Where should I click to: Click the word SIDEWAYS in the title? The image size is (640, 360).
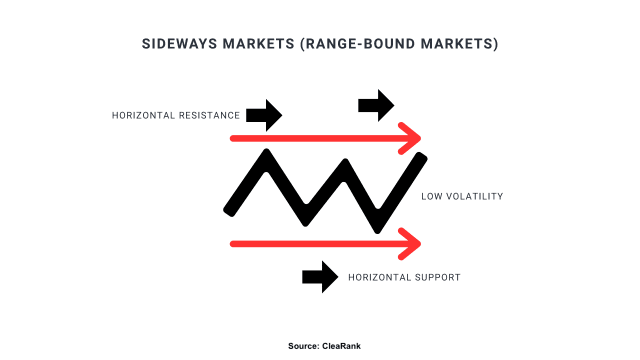[179, 44]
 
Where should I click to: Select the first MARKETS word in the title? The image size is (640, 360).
[258, 44]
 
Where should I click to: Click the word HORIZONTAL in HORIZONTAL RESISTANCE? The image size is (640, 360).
[143, 115]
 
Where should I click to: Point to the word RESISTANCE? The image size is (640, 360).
[209, 115]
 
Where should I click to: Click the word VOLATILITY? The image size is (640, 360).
[474, 196]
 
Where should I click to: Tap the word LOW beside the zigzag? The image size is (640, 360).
[431, 196]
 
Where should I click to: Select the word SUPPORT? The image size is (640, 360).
[437, 277]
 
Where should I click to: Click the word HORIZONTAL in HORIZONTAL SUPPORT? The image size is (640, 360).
[379, 277]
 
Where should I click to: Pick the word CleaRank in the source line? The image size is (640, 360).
[341, 346]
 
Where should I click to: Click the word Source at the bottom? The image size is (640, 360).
[303, 346]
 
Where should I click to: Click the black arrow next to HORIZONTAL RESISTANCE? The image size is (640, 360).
[264, 115]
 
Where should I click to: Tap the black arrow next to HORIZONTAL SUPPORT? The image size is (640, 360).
[320, 277]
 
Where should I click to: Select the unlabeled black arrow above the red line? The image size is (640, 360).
[376, 105]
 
